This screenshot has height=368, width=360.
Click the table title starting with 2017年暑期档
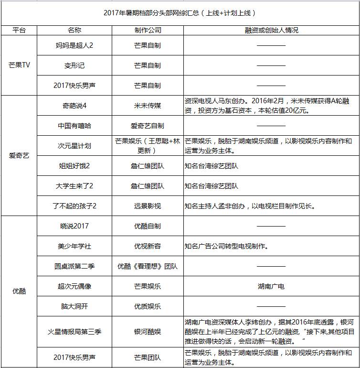click(180, 13)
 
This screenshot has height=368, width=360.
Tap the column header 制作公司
click(148, 30)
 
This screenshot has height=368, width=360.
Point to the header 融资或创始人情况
click(271, 30)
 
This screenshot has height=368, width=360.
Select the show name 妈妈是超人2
click(74, 46)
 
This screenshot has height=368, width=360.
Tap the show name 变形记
click(74, 65)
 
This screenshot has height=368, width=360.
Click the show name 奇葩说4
click(74, 106)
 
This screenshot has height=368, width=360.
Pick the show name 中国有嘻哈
click(74, 126)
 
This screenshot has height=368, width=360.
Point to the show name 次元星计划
click(74, 146)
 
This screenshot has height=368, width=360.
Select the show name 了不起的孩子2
click(74, 206)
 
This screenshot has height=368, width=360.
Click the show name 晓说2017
click(74, 226)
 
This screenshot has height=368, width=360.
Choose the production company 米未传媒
click(148, 106)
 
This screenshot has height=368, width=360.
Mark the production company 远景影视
click(148, 206)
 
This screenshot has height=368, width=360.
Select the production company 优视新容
click(148, 246)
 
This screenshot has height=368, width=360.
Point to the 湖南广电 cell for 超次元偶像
click(271, 286)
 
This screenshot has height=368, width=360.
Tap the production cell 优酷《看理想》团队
click(148, 266)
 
